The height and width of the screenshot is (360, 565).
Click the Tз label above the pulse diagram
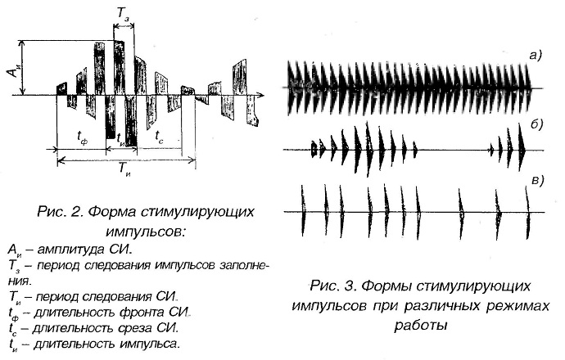123,15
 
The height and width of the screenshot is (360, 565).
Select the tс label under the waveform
160,136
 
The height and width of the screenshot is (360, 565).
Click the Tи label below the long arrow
125,169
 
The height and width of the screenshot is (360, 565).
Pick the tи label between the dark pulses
120,138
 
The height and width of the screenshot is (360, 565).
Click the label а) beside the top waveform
536,55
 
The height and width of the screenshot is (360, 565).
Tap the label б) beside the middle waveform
536,124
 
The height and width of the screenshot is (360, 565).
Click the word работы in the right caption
421,326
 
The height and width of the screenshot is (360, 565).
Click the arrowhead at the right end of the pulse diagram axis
261,96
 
